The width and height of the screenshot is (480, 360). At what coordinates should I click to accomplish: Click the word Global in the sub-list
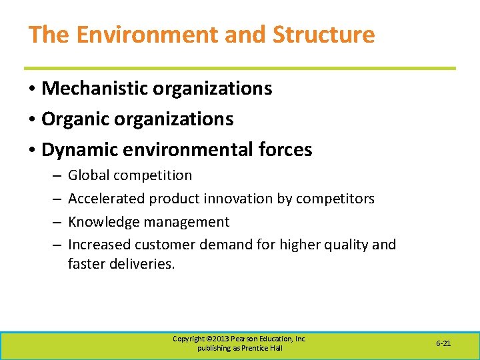coord(89,176)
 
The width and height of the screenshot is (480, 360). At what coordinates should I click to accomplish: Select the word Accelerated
coord(107,199)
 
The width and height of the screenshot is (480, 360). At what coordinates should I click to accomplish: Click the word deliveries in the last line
coord(143,264)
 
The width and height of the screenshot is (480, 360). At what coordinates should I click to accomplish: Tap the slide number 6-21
coord(443,343)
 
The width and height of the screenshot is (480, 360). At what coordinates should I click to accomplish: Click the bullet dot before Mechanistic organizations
coord(31,89)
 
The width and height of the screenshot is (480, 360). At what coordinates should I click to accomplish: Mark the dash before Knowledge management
coord(55,222)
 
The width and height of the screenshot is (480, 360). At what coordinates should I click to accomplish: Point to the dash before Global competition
coord(55,176)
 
